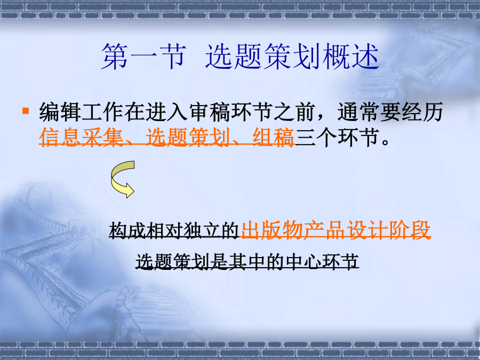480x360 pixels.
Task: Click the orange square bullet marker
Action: pos(26,110)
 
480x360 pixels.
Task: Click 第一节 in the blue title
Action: pos(143,57)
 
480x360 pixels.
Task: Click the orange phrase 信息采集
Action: pos(81,138)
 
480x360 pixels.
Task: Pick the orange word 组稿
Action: pos(273,138)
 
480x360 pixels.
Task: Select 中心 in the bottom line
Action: pos(303,262)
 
